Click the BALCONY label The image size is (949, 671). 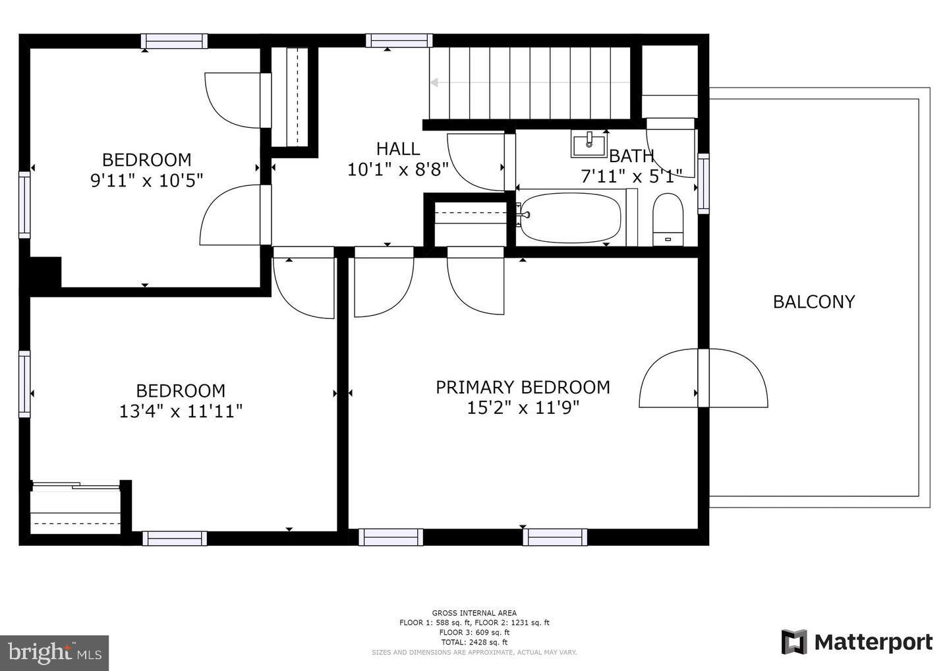[x=813, y=302]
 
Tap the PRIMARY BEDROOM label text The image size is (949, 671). [x=523, y=387]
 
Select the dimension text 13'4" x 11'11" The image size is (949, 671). [x=181, y=411]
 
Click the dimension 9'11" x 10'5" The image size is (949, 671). [x=146, y=180]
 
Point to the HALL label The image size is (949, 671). [x=397, y=148]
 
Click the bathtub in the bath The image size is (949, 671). [x=571, y=218]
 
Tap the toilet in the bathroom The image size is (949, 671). [x=667, y=219]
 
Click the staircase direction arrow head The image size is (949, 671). [x=434, y=82]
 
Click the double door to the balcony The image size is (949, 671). [x=703, y=378]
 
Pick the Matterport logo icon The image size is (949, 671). [x=794, y=641]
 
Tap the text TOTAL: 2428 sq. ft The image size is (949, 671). [x=474, y=642]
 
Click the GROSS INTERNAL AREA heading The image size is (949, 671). [x=474, y=613]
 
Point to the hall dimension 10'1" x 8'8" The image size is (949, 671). [x=397, y=169]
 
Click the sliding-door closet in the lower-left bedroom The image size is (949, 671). [x=76, y=508]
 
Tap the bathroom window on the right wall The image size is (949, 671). [x=703, y=184]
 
